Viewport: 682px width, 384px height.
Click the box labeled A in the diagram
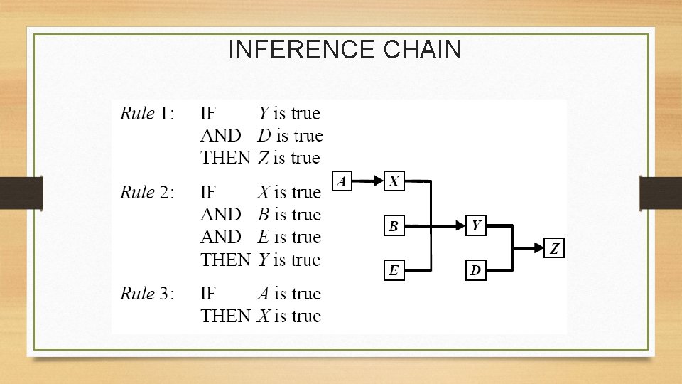(342, 181)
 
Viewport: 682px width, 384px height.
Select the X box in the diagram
(394, 181)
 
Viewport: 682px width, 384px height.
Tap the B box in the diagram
(394, 226)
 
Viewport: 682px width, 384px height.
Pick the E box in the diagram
(394, 270)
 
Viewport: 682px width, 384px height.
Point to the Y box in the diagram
(476, 226)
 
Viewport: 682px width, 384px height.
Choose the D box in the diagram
(476, 270)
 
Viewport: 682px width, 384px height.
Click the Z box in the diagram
(555, 248)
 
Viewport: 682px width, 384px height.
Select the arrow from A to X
(368, 181)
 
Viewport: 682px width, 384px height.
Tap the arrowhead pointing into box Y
(460, 226)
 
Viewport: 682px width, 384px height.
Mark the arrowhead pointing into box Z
(539, 248)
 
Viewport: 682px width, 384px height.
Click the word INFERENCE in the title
(302, 50)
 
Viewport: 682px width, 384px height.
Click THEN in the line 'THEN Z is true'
(225, 158)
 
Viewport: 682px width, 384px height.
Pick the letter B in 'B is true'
(263, 215)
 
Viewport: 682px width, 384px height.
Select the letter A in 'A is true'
(263, 294)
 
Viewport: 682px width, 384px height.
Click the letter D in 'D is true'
(264, 136)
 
